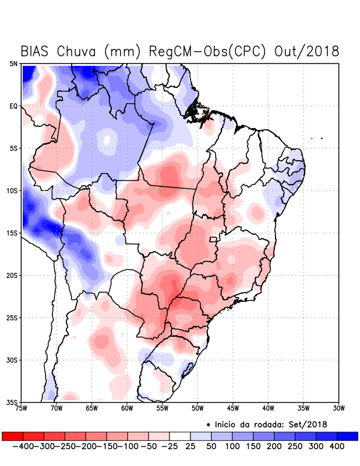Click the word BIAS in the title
click(36, 51)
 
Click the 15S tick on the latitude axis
click(13, 233)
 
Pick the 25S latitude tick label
click(13, 317)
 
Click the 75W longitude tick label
click(22, 408)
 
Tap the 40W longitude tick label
click(268, 408)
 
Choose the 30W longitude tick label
click(338, 408)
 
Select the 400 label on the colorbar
click(337, 446)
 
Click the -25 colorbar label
click(170, 446)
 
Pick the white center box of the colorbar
click(180, 436)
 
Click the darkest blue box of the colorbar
click(348, 436)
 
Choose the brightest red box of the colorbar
click(12, 436)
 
